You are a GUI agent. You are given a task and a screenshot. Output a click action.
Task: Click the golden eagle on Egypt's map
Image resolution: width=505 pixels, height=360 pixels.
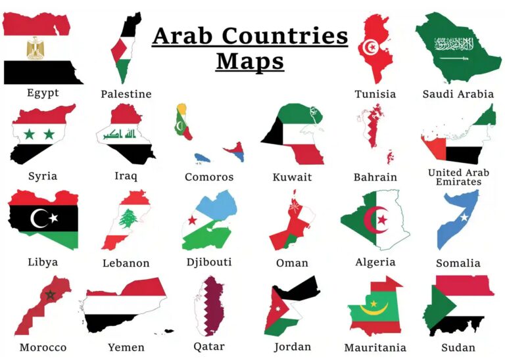pos(34,48)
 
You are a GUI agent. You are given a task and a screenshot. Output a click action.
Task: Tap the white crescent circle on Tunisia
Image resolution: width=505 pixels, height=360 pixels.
pos(372,47)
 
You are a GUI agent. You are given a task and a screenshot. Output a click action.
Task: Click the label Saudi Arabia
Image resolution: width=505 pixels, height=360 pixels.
pos(458,94)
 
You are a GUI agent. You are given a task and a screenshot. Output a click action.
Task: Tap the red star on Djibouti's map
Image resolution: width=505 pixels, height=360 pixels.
pos(193,220)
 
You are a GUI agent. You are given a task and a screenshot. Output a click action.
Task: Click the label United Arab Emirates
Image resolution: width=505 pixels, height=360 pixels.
pos(458,177)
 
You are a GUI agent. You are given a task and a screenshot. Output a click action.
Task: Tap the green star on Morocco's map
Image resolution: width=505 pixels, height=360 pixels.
pos(49,295)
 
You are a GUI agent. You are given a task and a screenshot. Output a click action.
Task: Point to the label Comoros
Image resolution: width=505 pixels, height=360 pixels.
pos(208,177)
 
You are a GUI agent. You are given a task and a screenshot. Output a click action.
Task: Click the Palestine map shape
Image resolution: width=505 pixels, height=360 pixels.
pos(124,49)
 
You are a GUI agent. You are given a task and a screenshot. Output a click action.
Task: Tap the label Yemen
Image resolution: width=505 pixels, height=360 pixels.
pos(126,347)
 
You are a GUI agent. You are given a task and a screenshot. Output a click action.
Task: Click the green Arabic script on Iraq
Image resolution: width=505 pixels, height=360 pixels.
pos(120,135)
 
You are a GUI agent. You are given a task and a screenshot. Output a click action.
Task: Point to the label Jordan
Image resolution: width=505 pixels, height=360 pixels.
pos(293,347)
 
